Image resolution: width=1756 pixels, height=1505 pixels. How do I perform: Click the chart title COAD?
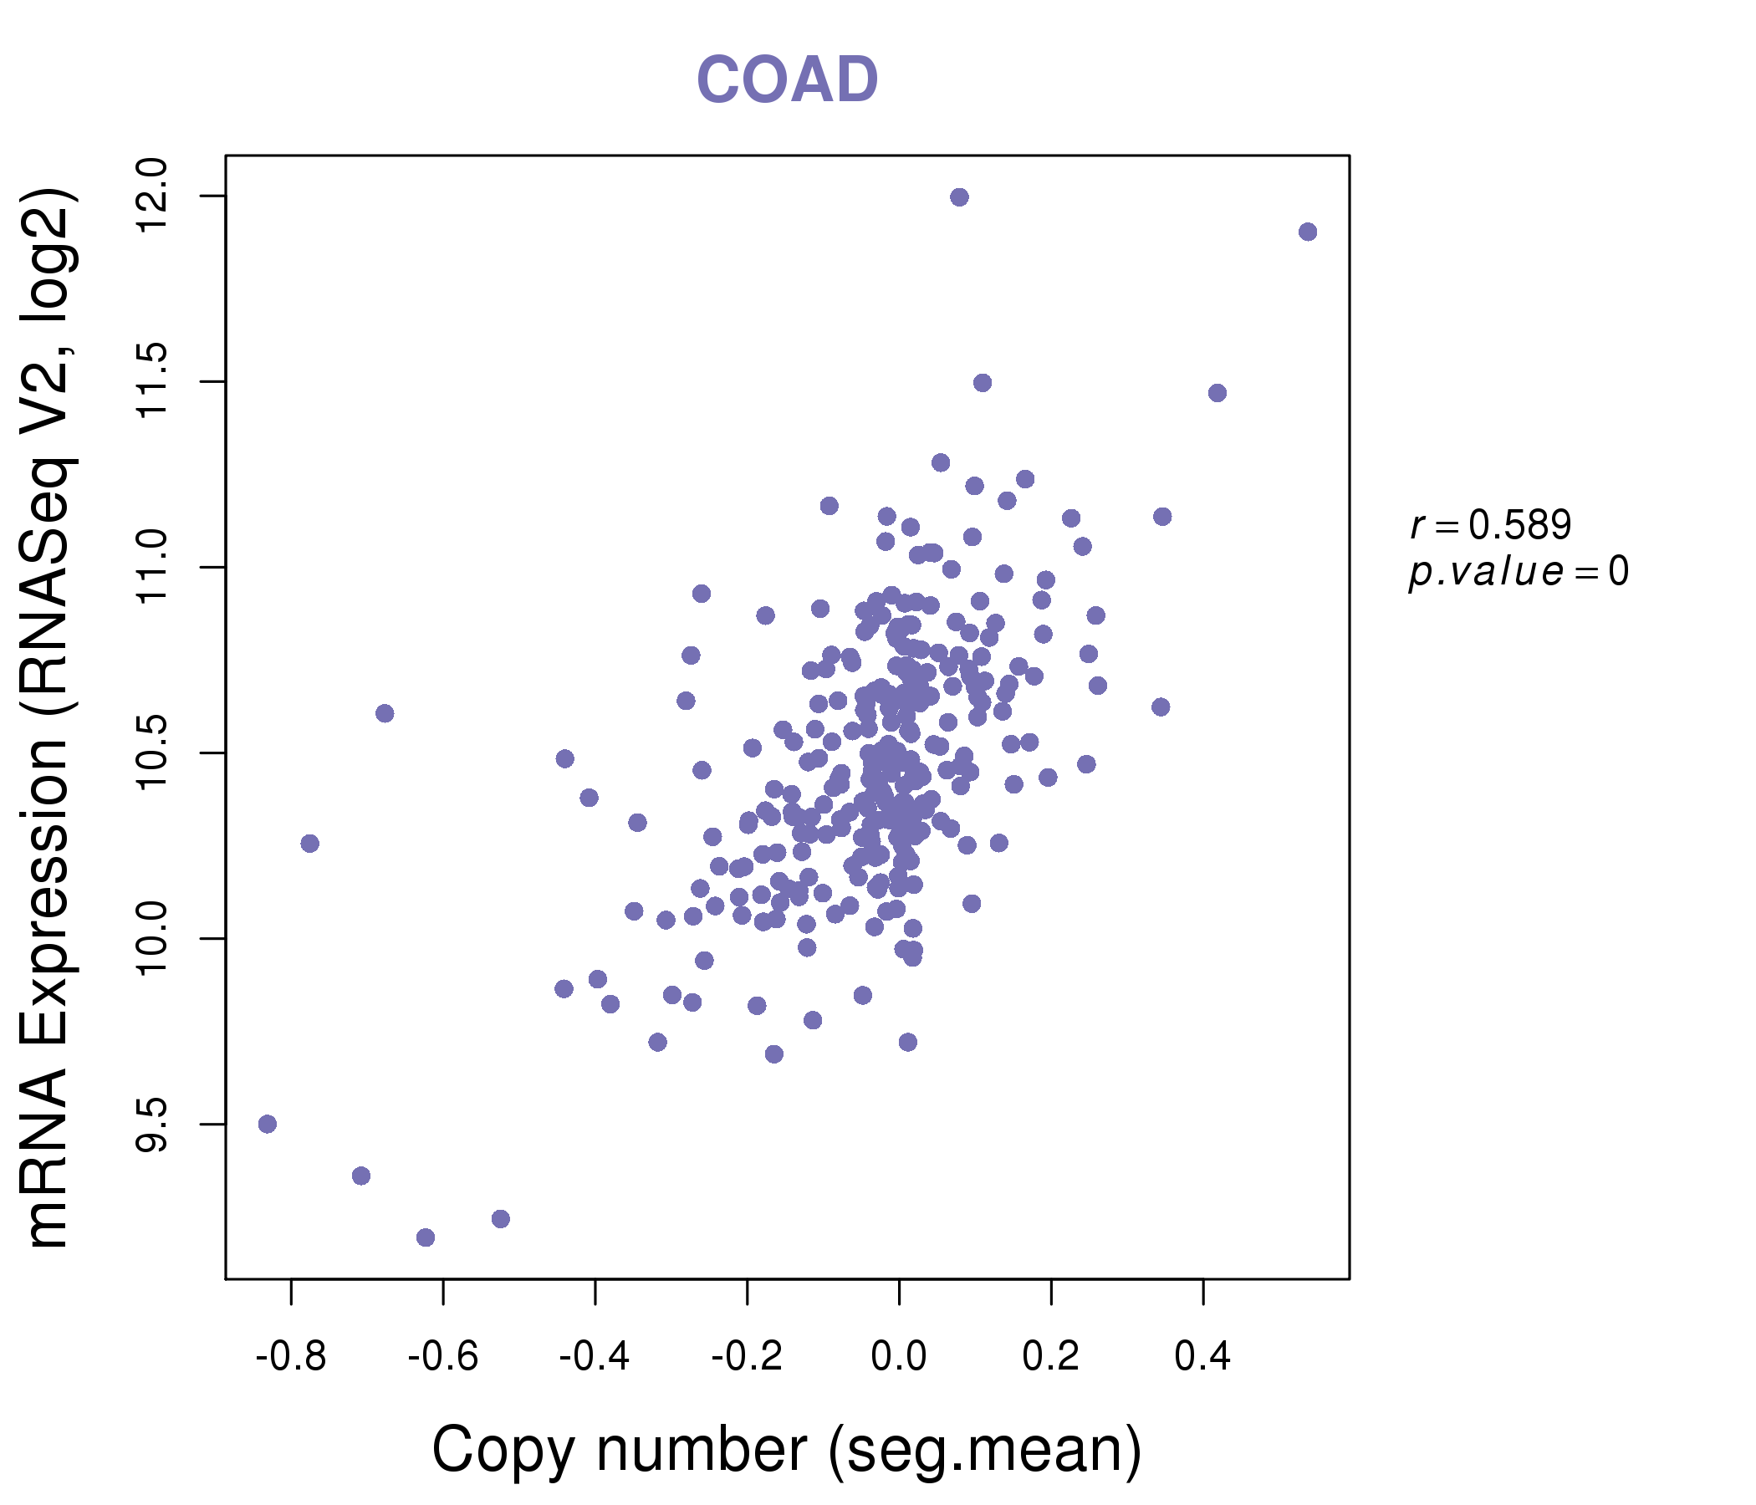point(787,79)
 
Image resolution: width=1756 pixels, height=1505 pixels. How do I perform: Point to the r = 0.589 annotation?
point(1491,525)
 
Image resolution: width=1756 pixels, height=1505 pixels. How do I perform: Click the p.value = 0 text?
point(1518,572)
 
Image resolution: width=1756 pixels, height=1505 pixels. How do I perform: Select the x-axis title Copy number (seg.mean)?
point(787,1449)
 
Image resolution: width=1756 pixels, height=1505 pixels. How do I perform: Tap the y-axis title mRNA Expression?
point(48,718)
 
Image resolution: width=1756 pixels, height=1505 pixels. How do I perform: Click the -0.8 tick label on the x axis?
point(291,1357)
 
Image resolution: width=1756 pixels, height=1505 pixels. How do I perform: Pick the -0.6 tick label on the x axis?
point(442,1357)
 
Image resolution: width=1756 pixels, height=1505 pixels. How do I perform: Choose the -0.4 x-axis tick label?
point(594,1357)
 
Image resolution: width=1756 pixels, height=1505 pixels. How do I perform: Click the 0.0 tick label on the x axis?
point(898,1357)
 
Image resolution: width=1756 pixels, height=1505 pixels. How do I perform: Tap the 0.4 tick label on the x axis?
point(1202,1357)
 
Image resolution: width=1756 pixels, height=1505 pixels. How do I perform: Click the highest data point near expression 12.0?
point(959,197)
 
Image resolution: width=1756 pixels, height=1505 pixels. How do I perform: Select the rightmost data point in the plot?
point(1308,232)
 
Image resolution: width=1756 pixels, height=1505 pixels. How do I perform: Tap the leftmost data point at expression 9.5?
point(268,1124)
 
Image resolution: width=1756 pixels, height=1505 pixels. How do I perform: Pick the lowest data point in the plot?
point(426,1237)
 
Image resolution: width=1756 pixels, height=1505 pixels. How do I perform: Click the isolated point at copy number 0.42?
point(1217,393)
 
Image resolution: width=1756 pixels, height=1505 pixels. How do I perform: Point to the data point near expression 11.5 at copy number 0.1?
point(983,383)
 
